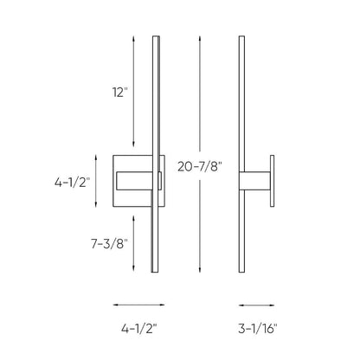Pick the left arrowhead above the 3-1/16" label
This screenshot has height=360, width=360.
coord(240,305)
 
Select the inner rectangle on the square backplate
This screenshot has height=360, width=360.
coord(138,182)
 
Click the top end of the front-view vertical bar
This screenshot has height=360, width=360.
coord(156,38)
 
